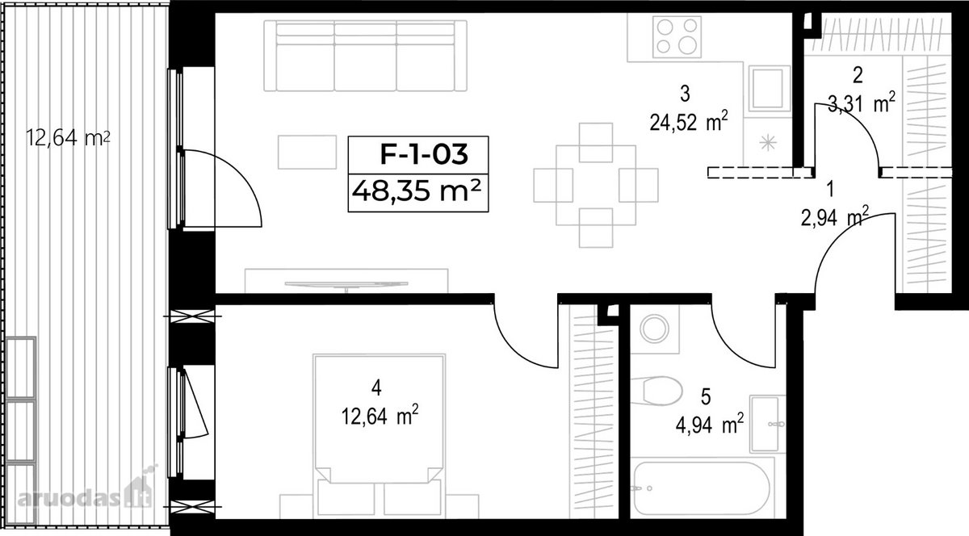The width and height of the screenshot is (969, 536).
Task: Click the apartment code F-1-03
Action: click(424, 154)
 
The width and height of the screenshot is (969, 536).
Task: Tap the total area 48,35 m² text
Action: click(417, 191)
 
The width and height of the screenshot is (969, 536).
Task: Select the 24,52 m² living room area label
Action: click(689, 123)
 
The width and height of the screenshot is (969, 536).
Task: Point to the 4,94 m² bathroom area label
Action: click(710, 425)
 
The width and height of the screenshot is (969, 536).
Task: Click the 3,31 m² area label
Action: click(862, 104)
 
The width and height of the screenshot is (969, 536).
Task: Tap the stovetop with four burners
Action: click(677, 37)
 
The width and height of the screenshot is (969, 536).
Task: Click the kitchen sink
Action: click(769, 88)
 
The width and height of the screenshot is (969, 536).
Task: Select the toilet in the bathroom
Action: click(656, 391)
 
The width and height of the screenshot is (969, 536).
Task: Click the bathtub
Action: click(701, 489)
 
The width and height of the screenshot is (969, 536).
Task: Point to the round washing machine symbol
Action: click(655, 329)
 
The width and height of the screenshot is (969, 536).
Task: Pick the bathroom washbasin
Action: click(767, 424)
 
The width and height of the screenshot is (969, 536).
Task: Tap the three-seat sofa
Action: click(366, 56)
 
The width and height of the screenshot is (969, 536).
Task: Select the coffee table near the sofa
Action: click(307, 152)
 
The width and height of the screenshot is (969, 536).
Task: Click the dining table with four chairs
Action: click(596, 185)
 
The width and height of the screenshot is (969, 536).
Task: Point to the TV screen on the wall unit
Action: click(346, 284)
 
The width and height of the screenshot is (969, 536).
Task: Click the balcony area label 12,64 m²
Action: click(68, 137)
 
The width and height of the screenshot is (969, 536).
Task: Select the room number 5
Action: click(706, 396)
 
